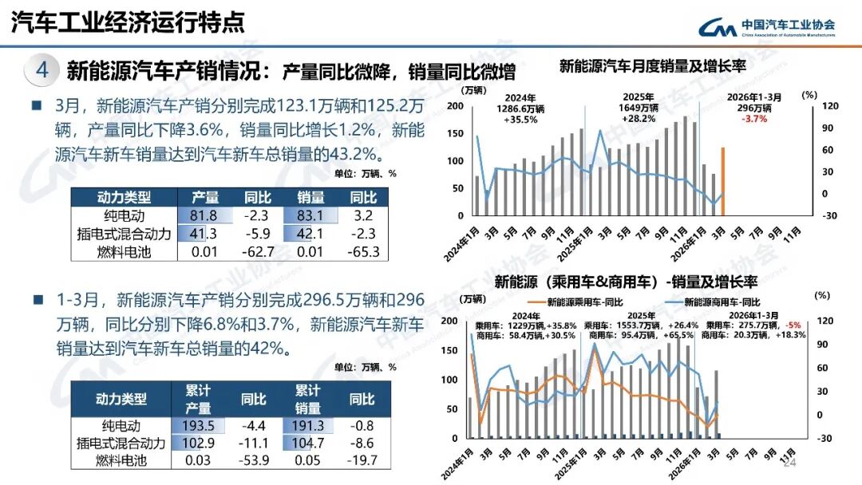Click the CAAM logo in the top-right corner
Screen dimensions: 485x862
766,26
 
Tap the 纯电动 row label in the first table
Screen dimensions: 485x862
121,215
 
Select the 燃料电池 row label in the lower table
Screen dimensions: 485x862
121,460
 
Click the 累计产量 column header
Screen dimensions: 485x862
198,399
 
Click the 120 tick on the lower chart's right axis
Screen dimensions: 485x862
822,321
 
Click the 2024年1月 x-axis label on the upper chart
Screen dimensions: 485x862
462,240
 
